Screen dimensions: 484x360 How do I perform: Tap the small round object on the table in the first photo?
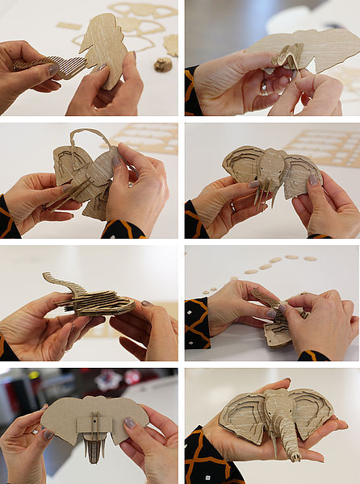163,65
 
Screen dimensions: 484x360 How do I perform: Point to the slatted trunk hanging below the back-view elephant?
95,448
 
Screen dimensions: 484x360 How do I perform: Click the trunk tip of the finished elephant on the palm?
295,457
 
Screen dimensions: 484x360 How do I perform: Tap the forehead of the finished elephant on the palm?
279,403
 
